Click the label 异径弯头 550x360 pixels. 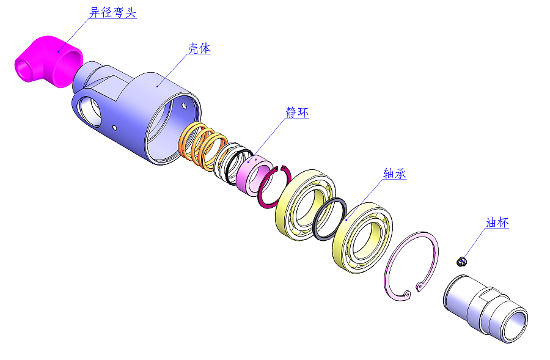tap(112, 12)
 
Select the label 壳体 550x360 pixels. tap(199, 49)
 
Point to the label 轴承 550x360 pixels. tap(395, 174)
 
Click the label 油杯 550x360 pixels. tap(497, 223)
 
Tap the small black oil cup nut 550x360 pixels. tap(462, 262)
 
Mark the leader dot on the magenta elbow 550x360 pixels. tap(58, 51)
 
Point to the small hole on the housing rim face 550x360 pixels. tap(185, 105)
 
